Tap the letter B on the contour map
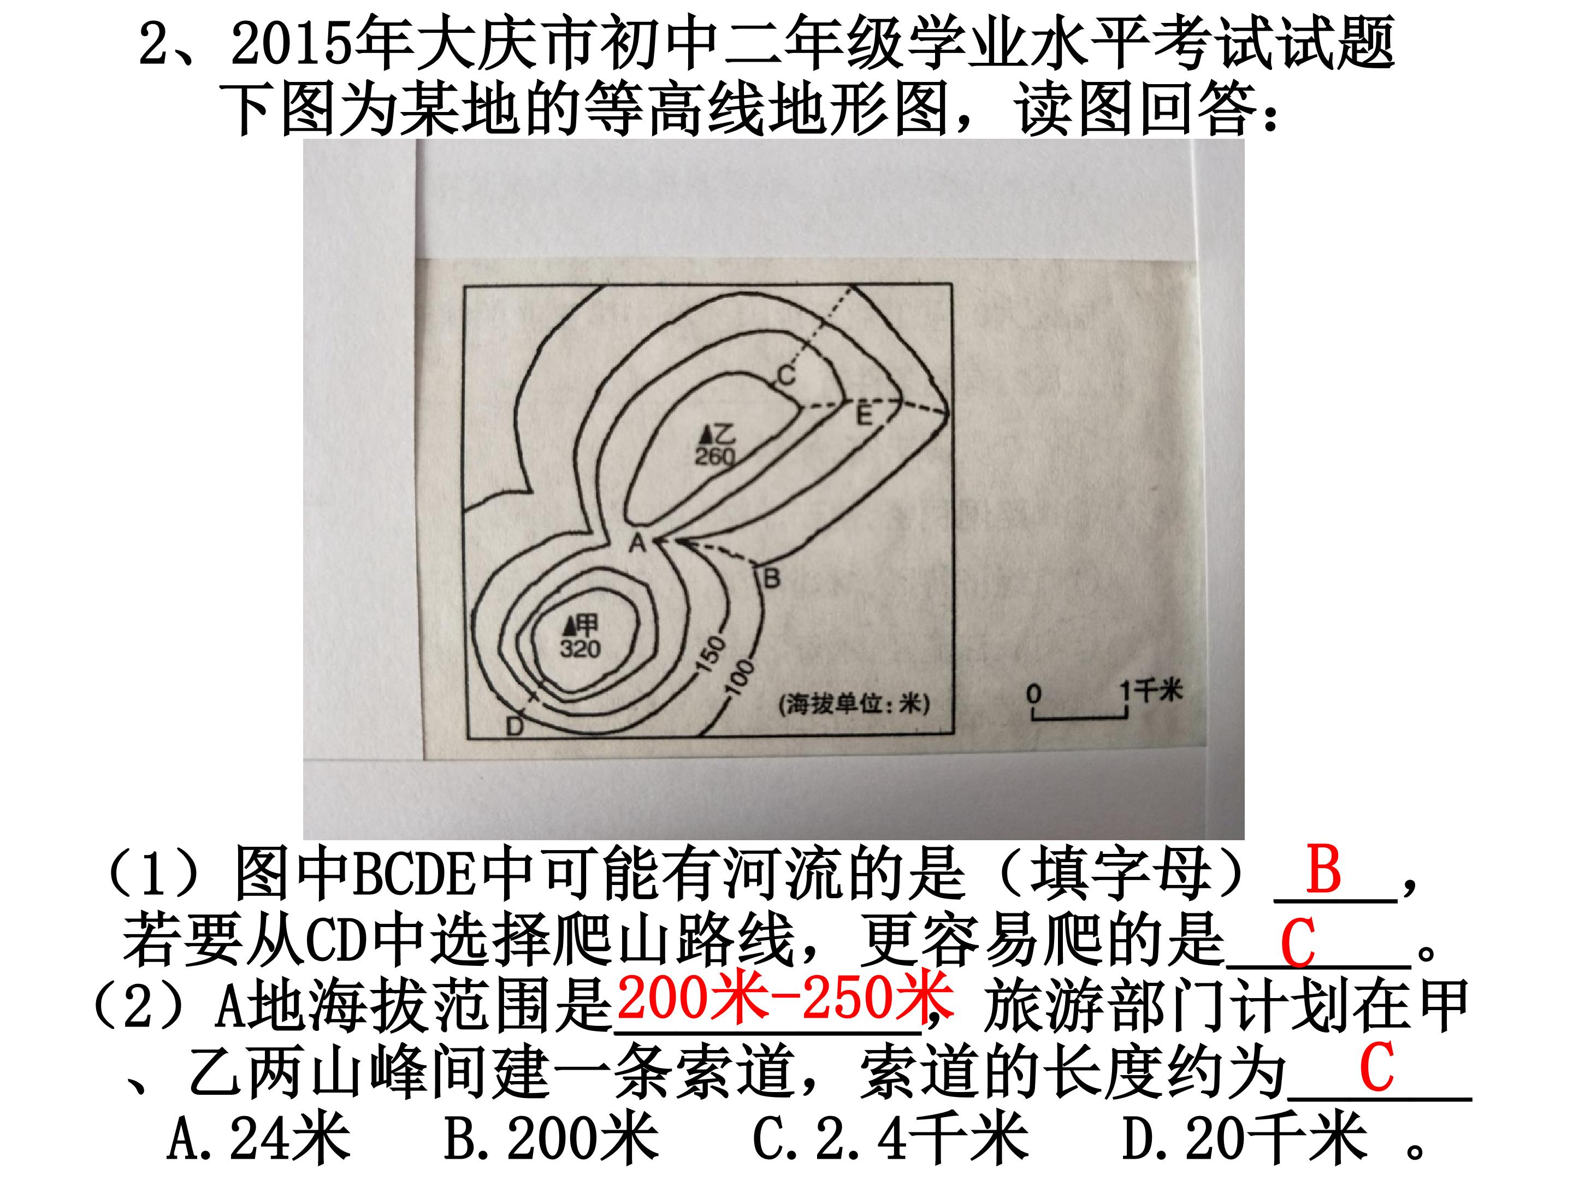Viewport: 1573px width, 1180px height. [772, 579]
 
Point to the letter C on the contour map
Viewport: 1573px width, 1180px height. [785, 375]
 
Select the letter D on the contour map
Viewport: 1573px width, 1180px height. [515, 726]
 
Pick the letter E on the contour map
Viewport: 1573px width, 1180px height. [864, 414]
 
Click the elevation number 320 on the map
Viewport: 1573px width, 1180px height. [579, 648]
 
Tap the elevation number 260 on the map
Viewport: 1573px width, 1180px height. [714, 457]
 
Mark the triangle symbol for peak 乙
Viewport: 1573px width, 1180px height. [706, 433]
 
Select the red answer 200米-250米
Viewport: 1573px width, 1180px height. [785, 996]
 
